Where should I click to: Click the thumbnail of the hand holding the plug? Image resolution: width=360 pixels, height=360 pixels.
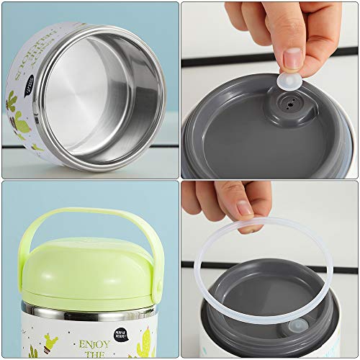[x=292, y=58]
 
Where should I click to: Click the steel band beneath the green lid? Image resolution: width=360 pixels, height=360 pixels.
[x=86, y=314]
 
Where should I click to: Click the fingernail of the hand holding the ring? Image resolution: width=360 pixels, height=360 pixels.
[x=246, y=209]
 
